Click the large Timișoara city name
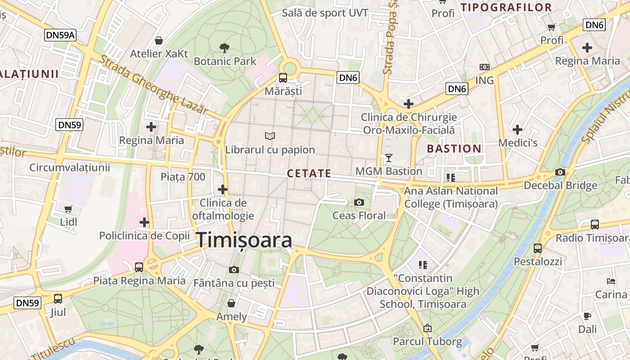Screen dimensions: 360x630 244,240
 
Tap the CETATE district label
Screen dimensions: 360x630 309,173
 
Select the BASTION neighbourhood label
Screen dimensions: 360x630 454,148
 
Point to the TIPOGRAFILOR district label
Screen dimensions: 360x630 506,7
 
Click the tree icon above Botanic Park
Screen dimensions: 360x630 224,48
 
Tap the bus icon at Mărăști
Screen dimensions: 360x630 283,78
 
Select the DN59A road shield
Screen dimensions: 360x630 60,35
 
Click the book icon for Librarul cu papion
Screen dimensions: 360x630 270,136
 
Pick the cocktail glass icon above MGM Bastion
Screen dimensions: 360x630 389,158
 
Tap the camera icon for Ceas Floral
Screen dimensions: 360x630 359,202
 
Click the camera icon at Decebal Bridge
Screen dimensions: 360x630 560,172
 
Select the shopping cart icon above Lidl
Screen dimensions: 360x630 68,209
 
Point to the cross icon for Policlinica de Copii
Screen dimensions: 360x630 144,222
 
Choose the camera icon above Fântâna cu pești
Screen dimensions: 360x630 234,270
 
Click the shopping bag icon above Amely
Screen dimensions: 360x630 231,303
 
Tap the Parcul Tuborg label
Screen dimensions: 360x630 427,342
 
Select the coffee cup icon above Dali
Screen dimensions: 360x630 587,315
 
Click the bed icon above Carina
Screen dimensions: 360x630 611,281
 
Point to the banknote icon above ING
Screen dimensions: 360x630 484,67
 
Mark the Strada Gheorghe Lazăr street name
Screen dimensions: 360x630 153,85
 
